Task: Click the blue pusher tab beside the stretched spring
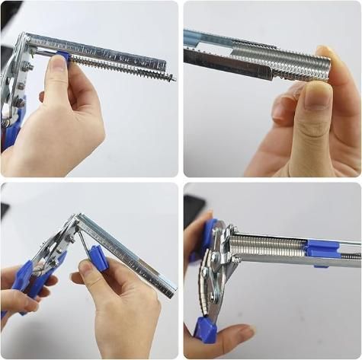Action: coord(64,56)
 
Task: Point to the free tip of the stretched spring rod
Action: coord(173,78)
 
